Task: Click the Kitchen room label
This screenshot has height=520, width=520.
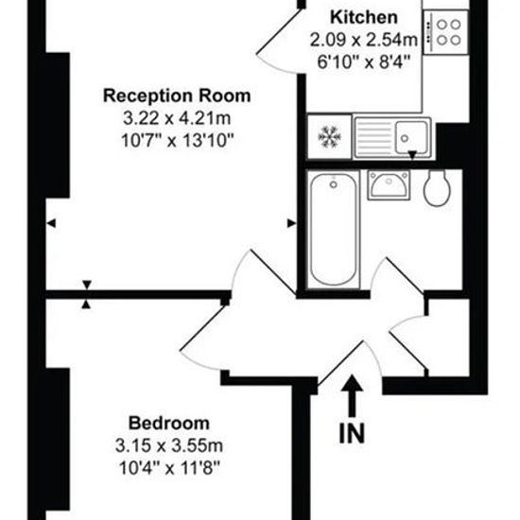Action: pos(364,17)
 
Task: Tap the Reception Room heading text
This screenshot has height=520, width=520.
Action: pos(177,95)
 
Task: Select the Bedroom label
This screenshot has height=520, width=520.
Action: pos(169,424)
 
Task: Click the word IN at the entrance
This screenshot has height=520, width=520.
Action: pos(352,433)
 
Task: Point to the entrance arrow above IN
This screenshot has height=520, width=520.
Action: pos(352,395)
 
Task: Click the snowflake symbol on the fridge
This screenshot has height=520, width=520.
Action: pos(329,136)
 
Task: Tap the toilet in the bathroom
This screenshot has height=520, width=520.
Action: pos(437,188)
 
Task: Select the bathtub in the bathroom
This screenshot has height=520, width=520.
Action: pos(334,230)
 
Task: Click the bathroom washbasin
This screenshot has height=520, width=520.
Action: pos(389,185)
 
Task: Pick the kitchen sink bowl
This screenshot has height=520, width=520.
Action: pos(411,137)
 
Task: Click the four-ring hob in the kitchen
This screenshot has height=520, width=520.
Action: pos(446,32)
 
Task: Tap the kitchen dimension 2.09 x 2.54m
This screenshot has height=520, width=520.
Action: pos(364,40)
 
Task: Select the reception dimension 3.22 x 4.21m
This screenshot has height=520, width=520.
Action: pos(177,118)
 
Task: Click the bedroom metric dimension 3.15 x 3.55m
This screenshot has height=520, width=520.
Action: pos(169,445)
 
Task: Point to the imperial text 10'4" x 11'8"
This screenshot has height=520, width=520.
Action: pos(169,468)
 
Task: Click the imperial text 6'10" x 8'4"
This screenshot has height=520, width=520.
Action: pos(364,62)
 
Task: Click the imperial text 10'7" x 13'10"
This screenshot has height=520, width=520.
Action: pos(178,141)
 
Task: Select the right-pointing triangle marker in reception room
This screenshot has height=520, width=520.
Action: pos(291,223)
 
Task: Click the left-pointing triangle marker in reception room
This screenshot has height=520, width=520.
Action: pos(51,223)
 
